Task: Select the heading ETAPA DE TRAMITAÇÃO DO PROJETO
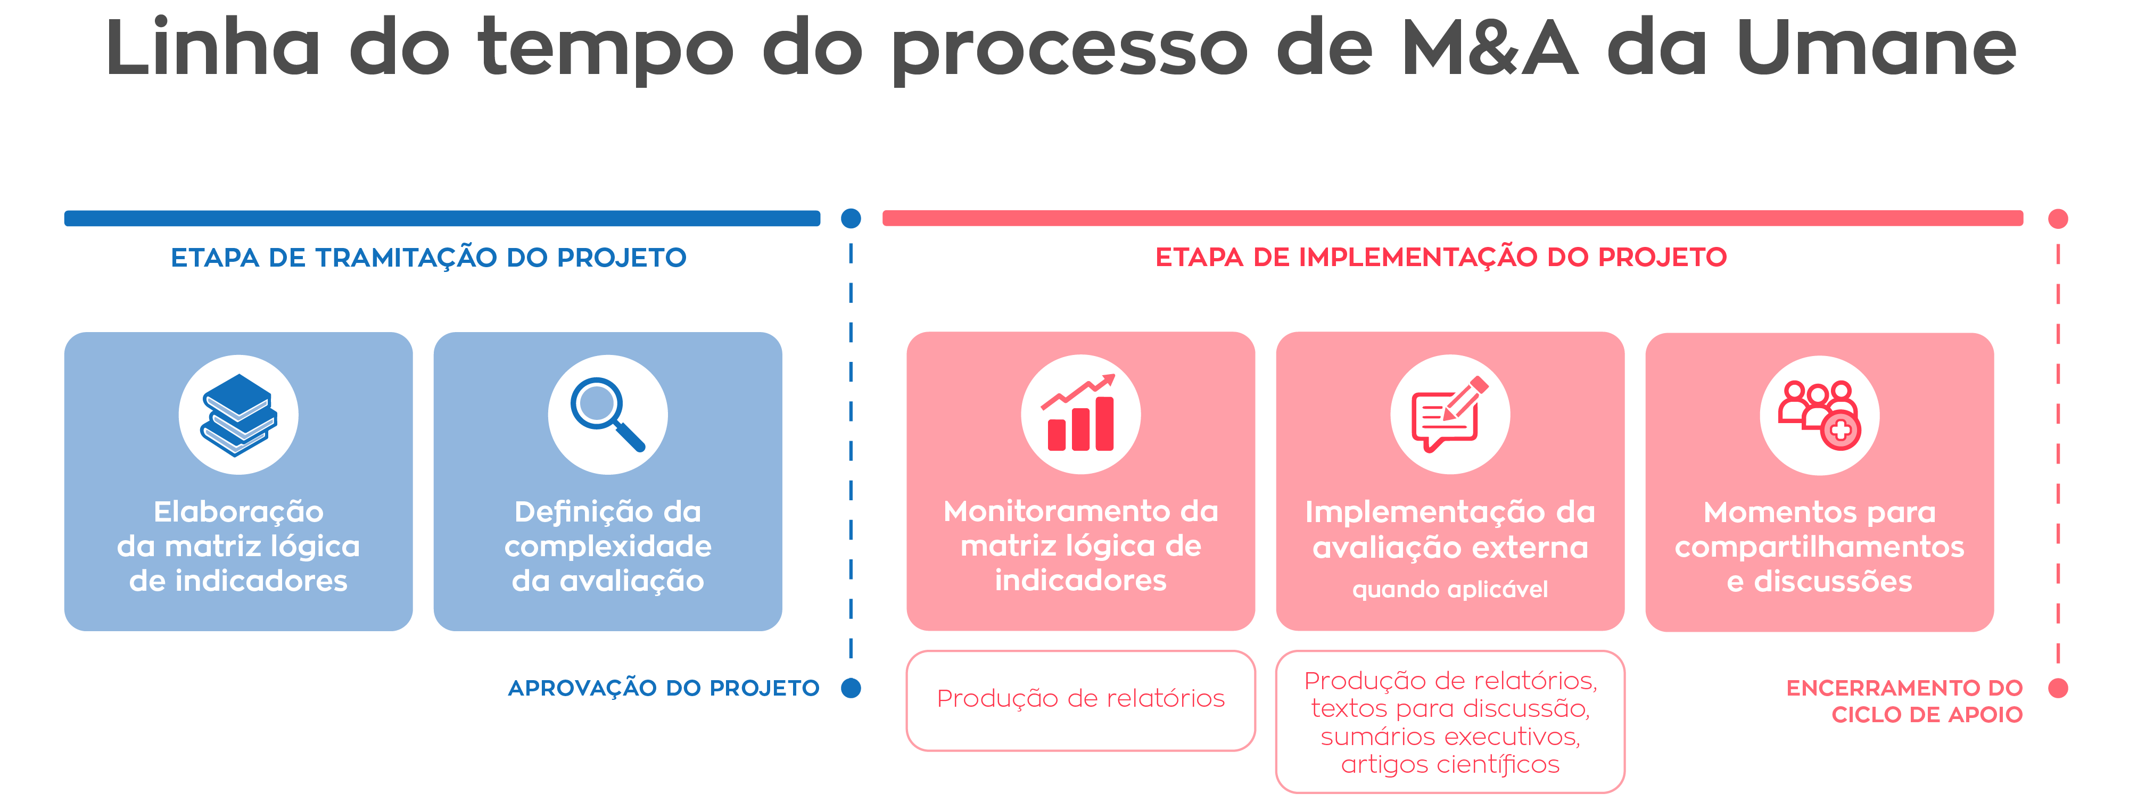pyautogui.click(x=428, y=258)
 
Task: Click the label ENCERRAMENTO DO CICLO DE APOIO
pyautogui.click(x=1904, y=701)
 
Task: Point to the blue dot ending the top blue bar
pyautogui.click(x=851, y=218)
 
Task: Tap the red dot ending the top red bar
pyautogui.click(x=2058, y=218)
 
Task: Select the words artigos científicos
pyautogui.click(x=1450, y=765)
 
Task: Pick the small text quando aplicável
pyautogui.click(x=1450, y=589)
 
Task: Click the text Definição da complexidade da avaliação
pyautogui.click(x=607, y=547)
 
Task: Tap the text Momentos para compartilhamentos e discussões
pyautogui.click(x=1819, y=547)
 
